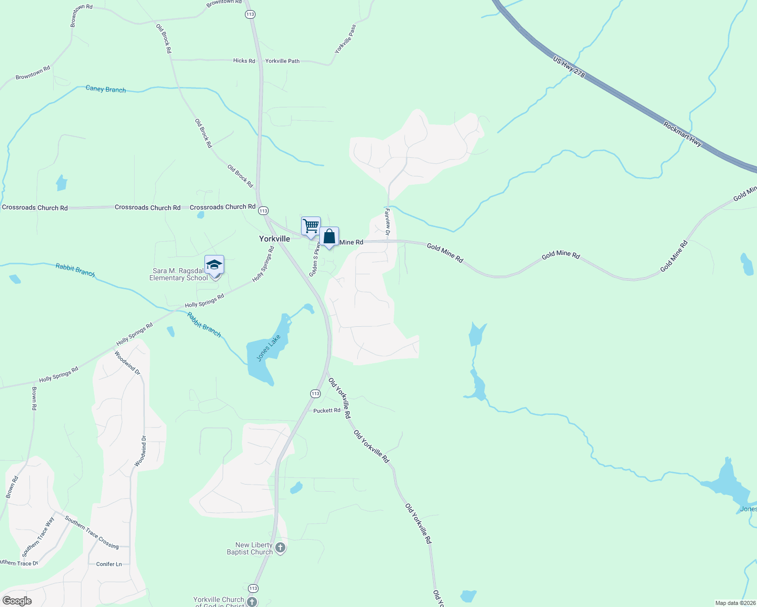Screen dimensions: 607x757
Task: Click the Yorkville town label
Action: click(274, 239)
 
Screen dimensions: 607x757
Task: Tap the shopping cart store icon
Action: click(311, 226)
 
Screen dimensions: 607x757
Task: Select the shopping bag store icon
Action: click(329, 236)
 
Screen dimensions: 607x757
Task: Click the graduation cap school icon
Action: click(214, 265)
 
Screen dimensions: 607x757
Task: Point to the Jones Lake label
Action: click(268, 348)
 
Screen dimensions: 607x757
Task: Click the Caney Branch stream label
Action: click(106, 89)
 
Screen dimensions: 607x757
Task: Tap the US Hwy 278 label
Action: click(569, 67)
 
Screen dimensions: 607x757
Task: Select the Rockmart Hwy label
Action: click(683, 134)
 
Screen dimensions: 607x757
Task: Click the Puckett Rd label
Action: click(326, 410)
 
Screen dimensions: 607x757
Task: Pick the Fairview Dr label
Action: click(388, 222)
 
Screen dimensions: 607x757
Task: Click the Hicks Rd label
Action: click(244, 61)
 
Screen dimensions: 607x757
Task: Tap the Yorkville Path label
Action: click(282, 61)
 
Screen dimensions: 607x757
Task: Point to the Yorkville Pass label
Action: click(346, 39)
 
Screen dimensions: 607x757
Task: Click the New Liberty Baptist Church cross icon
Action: click(280, 548)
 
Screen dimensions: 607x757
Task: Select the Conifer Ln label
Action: click(109, 564)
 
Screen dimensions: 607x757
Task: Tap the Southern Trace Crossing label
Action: click(92, 533)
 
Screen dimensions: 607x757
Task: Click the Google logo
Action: click(17, 601)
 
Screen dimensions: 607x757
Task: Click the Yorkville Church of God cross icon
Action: click(252, 601)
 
